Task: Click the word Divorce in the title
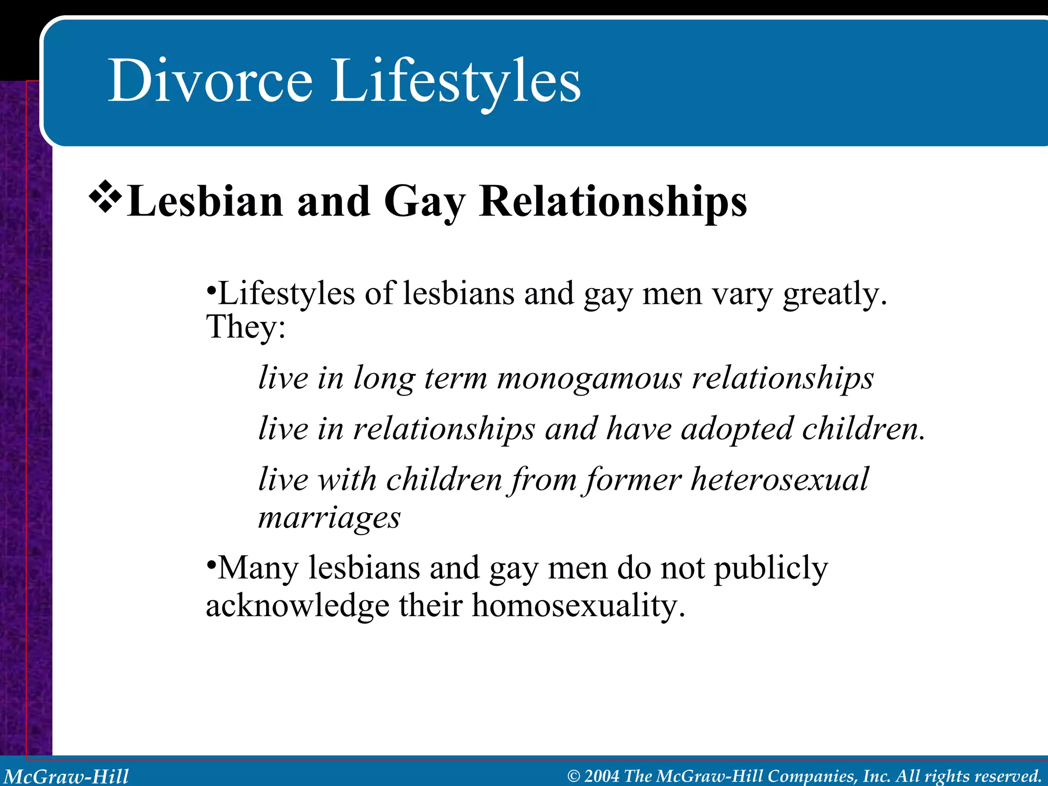pyautogui.click(x=210, y=81)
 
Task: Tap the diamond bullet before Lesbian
pyautogui.click(x=105, y=196)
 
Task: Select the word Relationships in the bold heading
pyautogui.click(x=613, y=202)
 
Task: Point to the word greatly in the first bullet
pyautogui.click(x=834, y=295)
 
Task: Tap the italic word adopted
pyautogui.click(x=737, y=429)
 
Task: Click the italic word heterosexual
pyautogui.click(x=779, y=480)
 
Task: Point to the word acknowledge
pyautogui.click(x=297, y=606)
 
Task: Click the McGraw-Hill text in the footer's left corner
pyautogui.click(x=67, y=776)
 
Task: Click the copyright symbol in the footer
pyautogui.click(x=574, y=776)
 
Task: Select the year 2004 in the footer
pyautogui.click(x=602, y=776)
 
